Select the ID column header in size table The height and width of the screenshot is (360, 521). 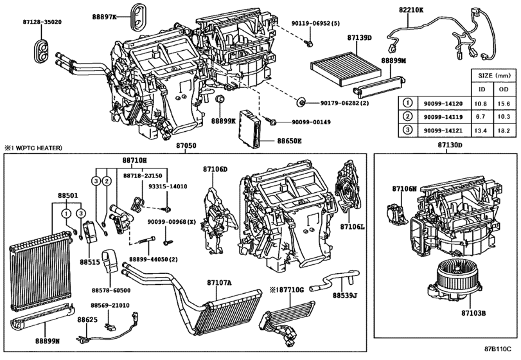tap(482, 89)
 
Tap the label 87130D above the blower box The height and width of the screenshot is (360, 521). tap(450, 147)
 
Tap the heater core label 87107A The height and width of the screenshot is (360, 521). tap(219, 282)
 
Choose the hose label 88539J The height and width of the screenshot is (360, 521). tap(345, 296)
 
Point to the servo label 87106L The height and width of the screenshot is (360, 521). tap(352, 227)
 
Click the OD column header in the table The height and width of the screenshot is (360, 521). tap(503, 89)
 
